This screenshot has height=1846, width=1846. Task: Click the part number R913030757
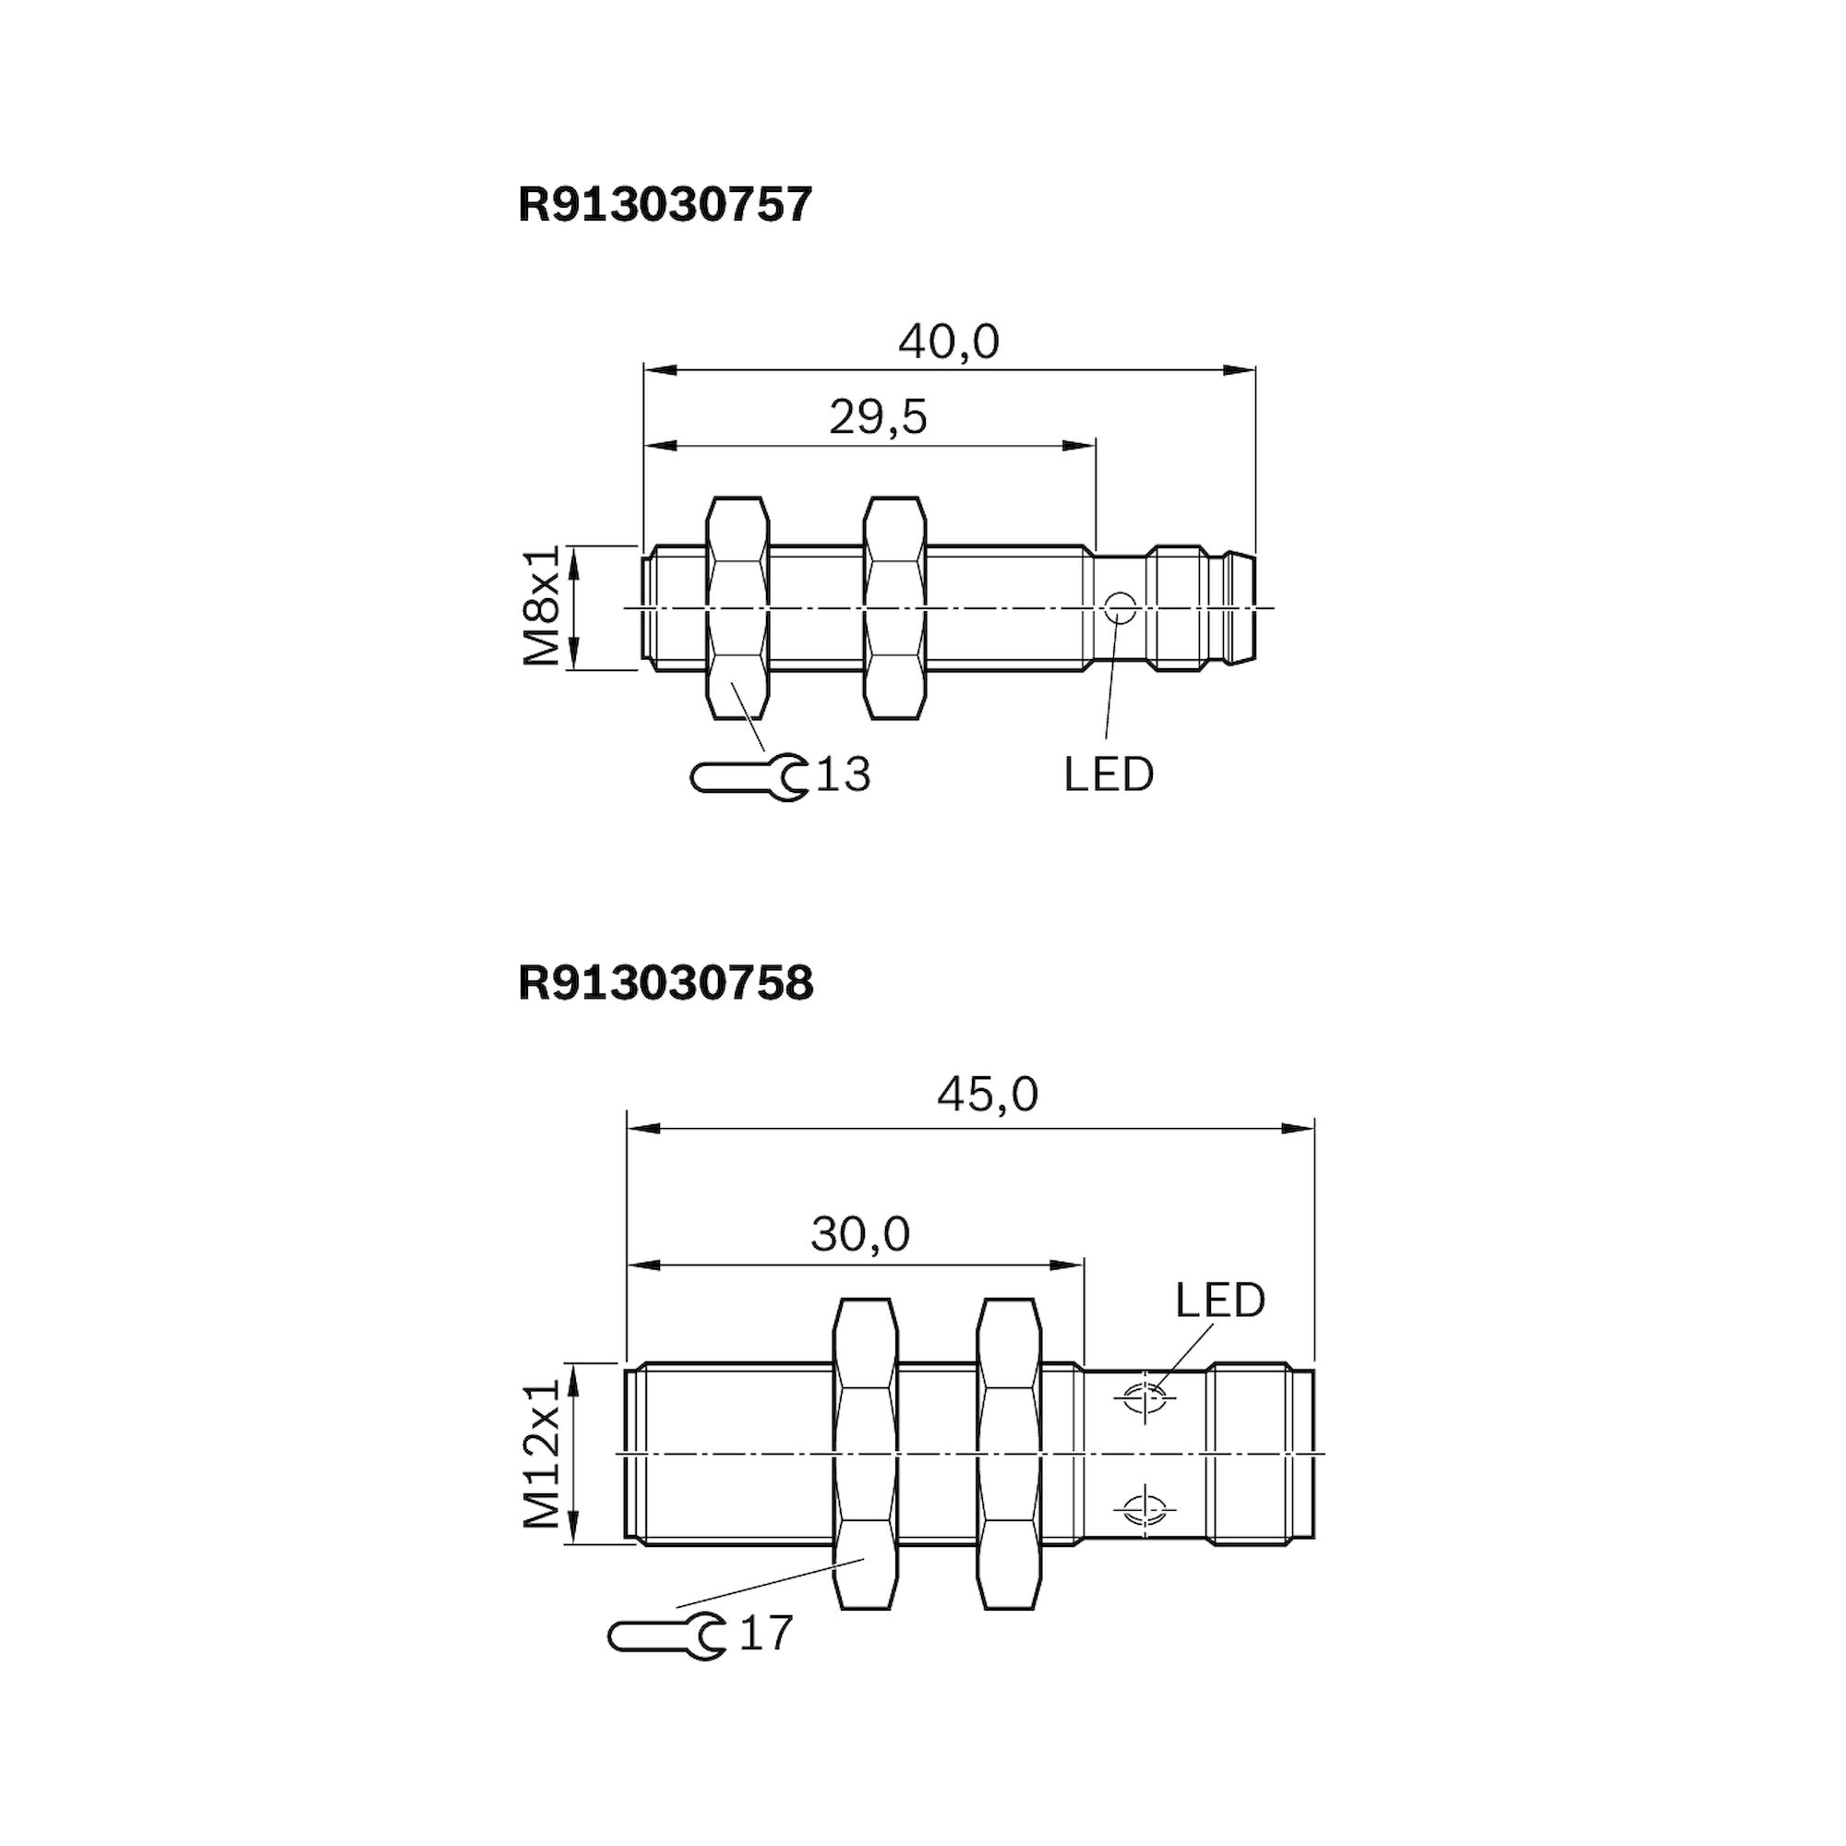665,205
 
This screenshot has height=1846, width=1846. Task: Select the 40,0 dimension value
949,342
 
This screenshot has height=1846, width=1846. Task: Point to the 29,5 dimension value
878,417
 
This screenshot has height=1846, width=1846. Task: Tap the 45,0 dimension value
987,1095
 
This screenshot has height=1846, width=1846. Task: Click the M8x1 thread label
541,606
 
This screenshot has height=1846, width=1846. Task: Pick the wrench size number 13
844,775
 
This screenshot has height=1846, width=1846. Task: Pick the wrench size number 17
766,1633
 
